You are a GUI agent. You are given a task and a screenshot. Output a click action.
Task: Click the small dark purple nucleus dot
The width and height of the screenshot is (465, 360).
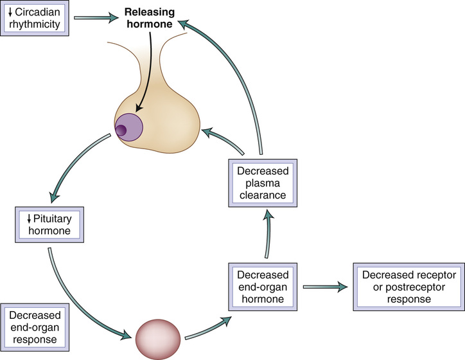pos(121,131)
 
